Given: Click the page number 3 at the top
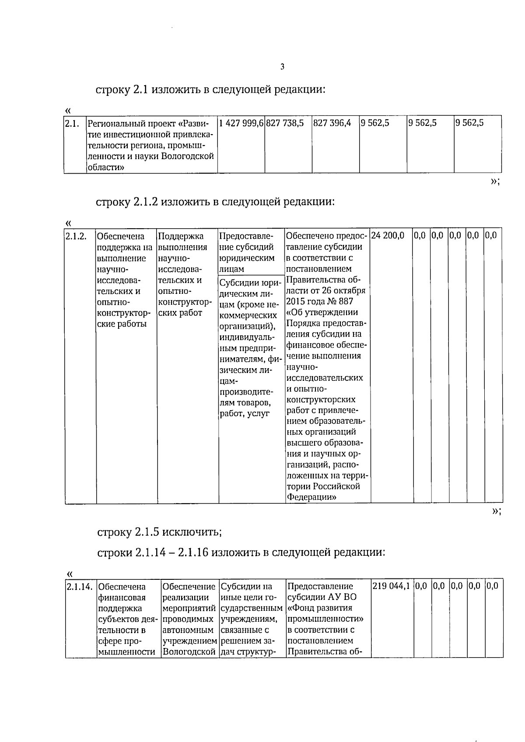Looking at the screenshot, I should click(282, 67).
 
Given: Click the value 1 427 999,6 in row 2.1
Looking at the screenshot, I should click(241, 123).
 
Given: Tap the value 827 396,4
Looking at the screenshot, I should click(332, 123).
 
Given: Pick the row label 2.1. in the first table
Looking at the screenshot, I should click(71, 123).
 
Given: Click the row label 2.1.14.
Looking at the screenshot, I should click(80, 586).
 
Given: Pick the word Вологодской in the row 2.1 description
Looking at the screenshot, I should click(188, 156).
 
